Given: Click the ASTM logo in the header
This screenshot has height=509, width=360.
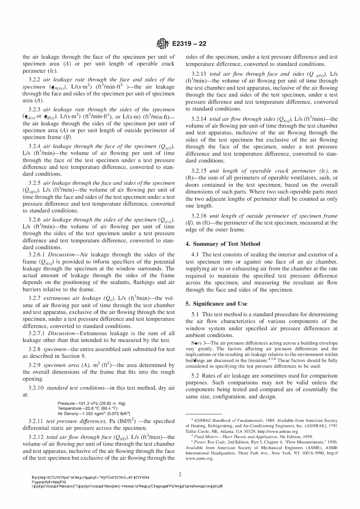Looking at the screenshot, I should (162, 44).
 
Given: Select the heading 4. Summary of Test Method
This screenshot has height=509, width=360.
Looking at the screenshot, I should (223, 244).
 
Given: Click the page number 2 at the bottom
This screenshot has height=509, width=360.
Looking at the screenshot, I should (180, 474).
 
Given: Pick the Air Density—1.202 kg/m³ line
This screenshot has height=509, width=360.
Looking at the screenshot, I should (91, 414).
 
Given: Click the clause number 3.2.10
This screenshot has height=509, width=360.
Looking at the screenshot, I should (36, 388).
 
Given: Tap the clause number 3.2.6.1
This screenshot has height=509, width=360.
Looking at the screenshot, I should (37, 255).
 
